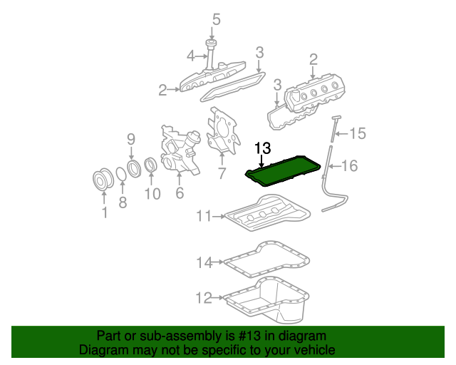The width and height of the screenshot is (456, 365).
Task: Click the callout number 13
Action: (263, 148)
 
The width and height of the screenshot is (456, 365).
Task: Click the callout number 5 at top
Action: (217, 19)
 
